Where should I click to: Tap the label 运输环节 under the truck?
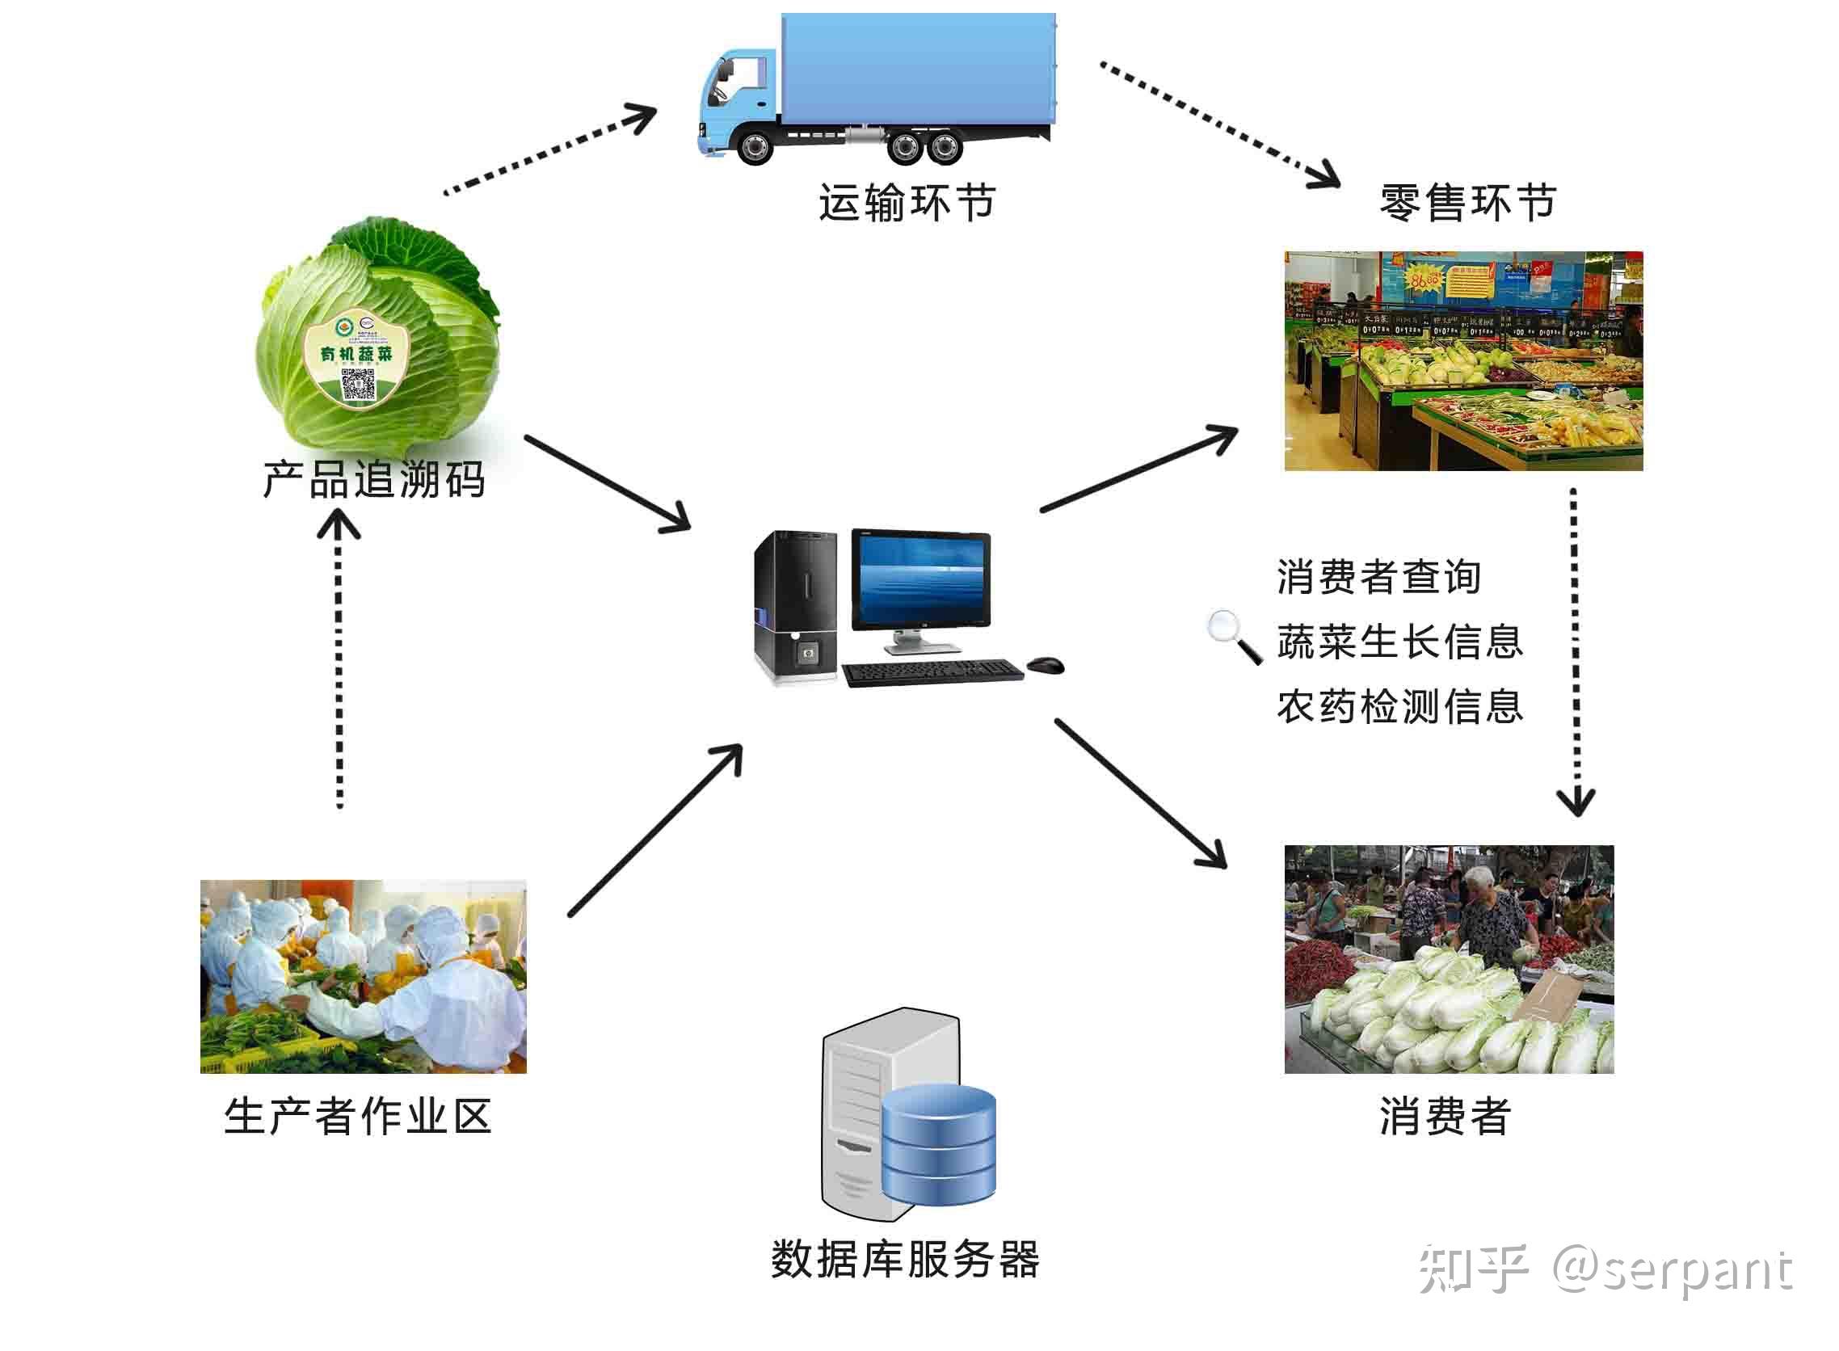click(907, 203)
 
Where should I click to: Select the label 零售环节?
click(1468, 203)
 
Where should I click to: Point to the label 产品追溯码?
click(374, 479)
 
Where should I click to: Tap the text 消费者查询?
click(1378, 578)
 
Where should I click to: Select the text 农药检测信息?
click(1400, 706)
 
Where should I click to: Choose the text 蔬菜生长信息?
click(1400, 642)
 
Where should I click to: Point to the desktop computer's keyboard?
click(932, 672)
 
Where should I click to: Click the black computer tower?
click(796, 607)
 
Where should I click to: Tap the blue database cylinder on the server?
click(939, 1144)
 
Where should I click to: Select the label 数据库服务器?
click(905, 1259)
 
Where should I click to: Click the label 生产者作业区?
click(358, 1117)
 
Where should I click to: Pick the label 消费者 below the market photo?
click(1445, 1117)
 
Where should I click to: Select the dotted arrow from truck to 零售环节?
click(1218, 123)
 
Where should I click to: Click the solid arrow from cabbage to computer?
click(607, 483)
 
